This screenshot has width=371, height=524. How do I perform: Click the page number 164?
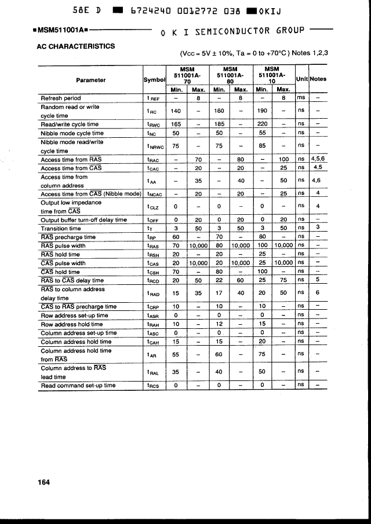tap(43, 482)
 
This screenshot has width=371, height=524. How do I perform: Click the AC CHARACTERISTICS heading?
tap(75, 46)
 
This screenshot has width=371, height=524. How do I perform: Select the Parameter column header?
tap(90, 80)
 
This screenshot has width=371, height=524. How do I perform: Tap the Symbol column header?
tap(154, 80)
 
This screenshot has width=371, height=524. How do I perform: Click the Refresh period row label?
tap(61, 98)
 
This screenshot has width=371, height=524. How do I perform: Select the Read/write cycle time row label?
tap(70, 124)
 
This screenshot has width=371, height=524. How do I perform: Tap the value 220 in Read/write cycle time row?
tap(262, 124)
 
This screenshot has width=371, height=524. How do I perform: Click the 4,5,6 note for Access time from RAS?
tap(318, 159)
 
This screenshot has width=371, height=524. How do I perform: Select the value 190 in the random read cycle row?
tap(262, 111)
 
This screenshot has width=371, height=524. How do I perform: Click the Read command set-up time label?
tap(78, 385)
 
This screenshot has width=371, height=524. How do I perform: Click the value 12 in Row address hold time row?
tap(219, 324)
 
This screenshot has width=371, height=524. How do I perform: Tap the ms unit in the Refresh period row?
tap(301, 98)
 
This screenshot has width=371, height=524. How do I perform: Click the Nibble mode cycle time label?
tap(72, 133)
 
